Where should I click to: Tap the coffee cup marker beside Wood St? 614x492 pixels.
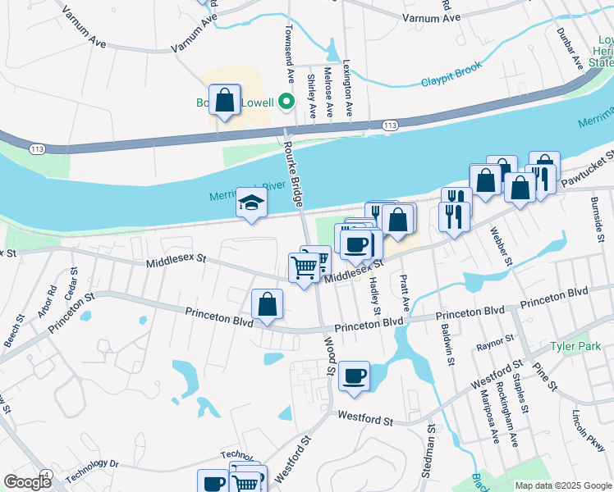pos(354,376)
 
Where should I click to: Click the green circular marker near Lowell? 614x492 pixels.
pos(286,102)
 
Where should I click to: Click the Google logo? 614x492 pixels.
pos(27,482)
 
